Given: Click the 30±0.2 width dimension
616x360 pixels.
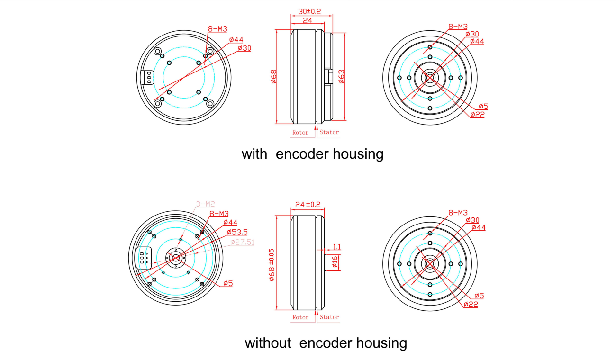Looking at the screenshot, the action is (309, 11).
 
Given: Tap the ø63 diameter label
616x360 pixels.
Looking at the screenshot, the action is (341, 77).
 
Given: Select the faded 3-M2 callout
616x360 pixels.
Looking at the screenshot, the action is (205, 204).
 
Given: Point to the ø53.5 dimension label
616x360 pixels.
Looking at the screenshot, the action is (237, 232).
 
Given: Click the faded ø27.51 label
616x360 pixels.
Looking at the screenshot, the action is (242, 242).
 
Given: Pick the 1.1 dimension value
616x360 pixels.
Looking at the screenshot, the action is (336, 247).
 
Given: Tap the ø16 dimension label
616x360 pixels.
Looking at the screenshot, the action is (335, 262).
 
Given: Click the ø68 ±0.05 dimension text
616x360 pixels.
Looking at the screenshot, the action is (272, 265).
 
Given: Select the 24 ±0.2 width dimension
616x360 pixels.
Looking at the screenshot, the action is (308, 205).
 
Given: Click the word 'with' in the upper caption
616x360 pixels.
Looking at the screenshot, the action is (254, 154).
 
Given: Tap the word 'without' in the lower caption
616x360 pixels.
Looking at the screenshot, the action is (268, 343).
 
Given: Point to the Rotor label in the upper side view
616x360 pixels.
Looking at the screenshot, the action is (300, 133).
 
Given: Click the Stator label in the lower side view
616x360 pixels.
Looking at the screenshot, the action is (329, 317).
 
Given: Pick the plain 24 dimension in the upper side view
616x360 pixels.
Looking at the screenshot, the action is (308, 21).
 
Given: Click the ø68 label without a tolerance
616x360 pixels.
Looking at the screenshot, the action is (273, 77).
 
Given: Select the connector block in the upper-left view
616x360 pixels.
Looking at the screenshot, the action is (147, 78).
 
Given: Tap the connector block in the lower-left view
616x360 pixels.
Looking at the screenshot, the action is (144, 258).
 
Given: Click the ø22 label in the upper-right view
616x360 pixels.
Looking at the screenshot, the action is (478, 115).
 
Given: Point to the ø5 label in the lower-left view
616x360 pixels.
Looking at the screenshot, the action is (228, 283).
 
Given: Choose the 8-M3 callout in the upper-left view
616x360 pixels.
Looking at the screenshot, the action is (217, 29).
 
